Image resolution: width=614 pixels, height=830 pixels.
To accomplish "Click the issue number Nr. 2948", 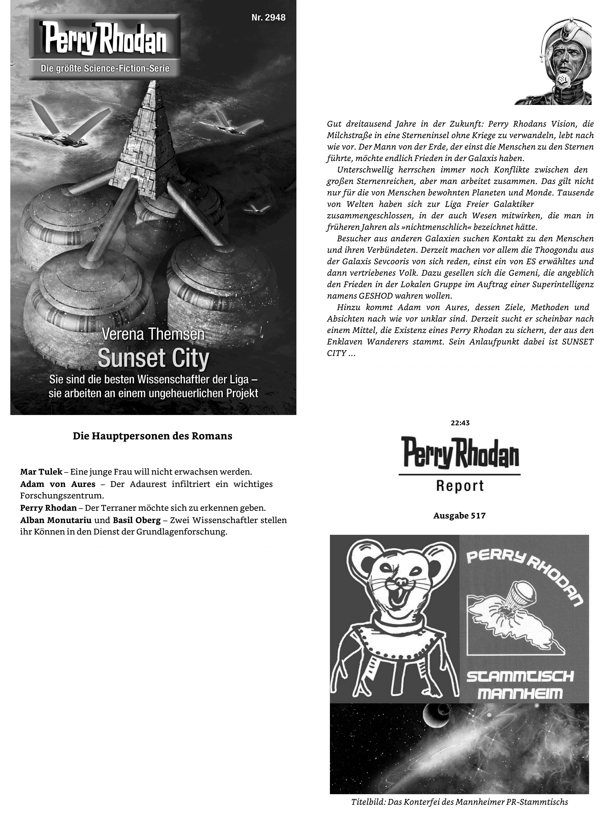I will pos(268,17).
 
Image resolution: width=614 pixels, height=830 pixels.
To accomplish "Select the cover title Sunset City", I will pos(153,358).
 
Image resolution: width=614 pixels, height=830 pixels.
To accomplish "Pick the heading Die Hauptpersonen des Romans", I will pos(152,436).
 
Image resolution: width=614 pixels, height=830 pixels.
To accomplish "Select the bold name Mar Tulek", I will pos(41,472).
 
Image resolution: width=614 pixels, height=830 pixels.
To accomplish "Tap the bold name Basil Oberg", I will pos(136,520).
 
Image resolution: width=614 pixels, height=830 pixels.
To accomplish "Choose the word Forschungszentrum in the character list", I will pos(62,496).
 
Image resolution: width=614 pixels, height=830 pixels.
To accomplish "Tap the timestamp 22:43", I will pos(460,423).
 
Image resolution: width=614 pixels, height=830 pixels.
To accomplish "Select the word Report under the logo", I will pos(460,486).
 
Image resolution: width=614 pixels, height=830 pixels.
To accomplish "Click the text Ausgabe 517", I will pos(459,516).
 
